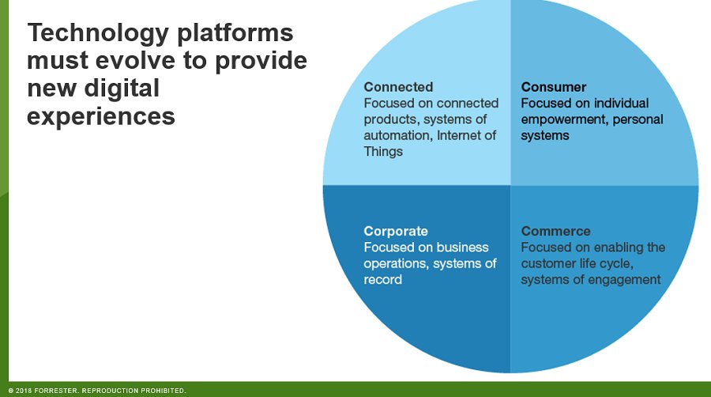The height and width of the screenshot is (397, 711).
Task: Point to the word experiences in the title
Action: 101,115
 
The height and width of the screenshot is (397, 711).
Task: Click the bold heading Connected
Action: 398,87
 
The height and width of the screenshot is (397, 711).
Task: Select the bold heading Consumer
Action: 553,87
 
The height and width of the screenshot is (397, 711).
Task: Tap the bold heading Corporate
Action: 396,231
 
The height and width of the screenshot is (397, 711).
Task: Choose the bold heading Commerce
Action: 555,231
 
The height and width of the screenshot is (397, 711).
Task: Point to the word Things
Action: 383,151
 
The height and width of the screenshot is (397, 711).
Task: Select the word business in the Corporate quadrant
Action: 464,248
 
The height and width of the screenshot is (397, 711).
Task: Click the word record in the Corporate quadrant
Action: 383,279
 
